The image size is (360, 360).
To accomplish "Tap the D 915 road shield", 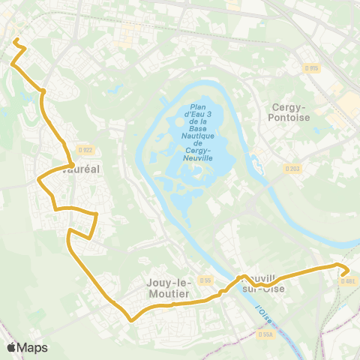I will pyautogui.click(x=312, y=68).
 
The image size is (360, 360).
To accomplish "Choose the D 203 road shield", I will pyautogui.click(x=292, y=169).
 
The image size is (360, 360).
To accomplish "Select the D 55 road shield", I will pyautogui.click(x=206, y=280).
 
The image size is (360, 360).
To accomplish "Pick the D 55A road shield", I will pyautogui.click(x=265, y=334).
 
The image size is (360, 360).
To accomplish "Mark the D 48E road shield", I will pyautogui.click(x=347, y=282).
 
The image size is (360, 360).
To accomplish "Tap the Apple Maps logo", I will pyautogui.click(x=27, y=347).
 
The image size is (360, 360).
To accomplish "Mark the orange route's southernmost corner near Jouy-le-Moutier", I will pyautogui.click(x=132, y=319).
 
